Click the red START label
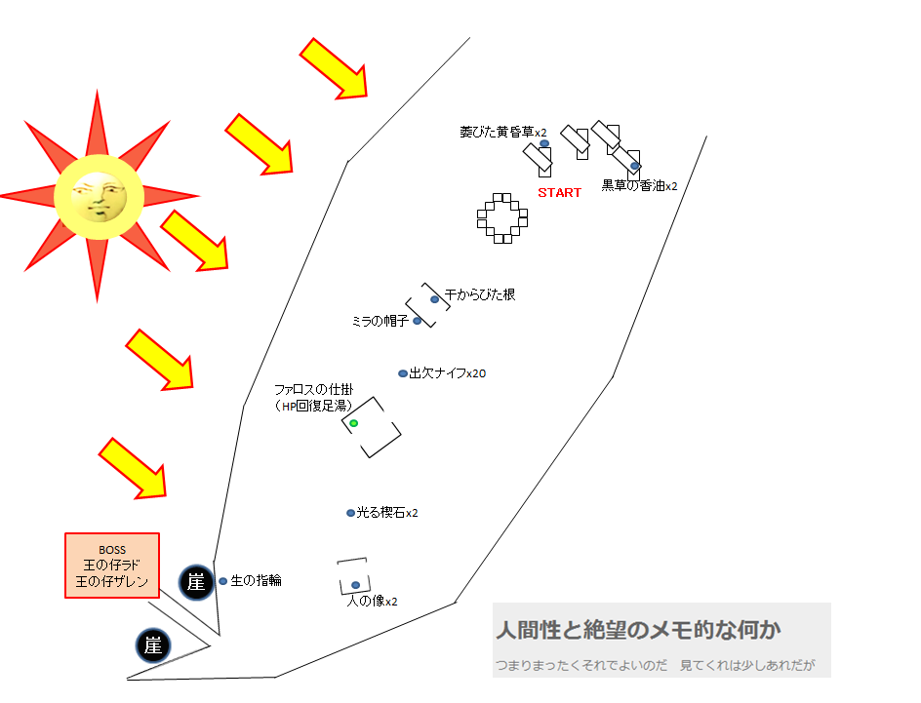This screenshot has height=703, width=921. pos(559,192)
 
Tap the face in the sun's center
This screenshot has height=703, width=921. pos(99,197)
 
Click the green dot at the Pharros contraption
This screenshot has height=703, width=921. pos(353,423)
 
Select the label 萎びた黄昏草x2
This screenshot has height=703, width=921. pos(502,132)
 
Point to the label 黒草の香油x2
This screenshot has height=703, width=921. pos(639,186)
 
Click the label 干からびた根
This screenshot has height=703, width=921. pos(480,294)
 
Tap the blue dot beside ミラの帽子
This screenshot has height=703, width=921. pos(417,321)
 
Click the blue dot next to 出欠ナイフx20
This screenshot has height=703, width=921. pos(403,373)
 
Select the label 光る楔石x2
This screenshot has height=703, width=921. pos(387,513)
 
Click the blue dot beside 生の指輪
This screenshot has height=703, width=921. pos(223,581)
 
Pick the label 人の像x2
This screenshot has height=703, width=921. pos(373,601)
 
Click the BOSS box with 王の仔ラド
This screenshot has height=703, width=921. pos(112,566)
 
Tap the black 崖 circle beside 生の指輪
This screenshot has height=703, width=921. pos(196,582)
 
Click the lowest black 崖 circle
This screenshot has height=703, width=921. pos(153,645)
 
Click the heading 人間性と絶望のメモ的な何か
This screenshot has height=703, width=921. pos(638,630)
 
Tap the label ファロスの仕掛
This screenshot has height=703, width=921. pos(313,389)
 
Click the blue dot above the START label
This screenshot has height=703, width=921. pos(544,143)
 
